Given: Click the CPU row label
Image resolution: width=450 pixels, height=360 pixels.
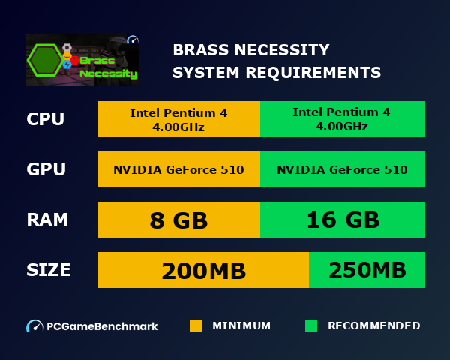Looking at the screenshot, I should [x=45, y=119].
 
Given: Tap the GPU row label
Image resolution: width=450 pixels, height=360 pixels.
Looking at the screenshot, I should [x=46, y=169].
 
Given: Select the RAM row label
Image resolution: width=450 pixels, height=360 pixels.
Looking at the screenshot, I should [x=47, y=220].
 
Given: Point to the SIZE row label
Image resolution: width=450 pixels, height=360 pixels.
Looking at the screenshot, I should [x=49, y=270].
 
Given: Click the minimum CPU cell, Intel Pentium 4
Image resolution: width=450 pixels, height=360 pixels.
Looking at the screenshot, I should [x=178, y=119].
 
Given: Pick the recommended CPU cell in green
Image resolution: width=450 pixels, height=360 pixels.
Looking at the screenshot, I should [x=342, y=119].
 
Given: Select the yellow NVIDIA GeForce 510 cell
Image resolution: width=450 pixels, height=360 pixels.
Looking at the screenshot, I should [x=178, y=169].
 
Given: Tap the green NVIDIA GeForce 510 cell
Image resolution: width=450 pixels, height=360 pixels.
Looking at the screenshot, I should [x=342, y=169].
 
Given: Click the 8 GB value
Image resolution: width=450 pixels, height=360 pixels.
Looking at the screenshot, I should [x=178, y=220].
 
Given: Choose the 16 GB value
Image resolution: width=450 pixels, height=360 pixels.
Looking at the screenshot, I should [x=342, y=220].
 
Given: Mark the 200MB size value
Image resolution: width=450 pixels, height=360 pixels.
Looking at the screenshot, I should [x=203, y=270].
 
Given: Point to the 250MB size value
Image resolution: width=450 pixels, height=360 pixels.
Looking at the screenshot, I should [x=367, y=270].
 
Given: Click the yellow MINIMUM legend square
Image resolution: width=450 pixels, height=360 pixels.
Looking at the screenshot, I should [x=196, y=326].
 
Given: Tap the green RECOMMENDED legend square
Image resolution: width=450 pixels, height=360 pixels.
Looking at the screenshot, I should [x=311, y=326].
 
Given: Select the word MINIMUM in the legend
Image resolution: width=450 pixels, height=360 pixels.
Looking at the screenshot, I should [x=241, y=326].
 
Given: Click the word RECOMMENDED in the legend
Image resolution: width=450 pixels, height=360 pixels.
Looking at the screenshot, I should [x=373, y=326].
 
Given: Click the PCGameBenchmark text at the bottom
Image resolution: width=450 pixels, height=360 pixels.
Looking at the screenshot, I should [x=102, y=326].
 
